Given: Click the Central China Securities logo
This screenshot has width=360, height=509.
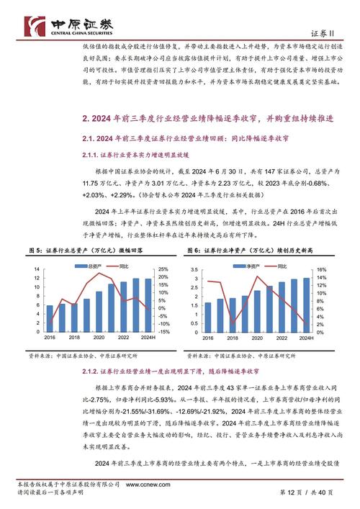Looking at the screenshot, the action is (x=65, y=27).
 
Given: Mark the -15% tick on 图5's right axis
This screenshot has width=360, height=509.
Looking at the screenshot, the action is (x=165, y=332).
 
